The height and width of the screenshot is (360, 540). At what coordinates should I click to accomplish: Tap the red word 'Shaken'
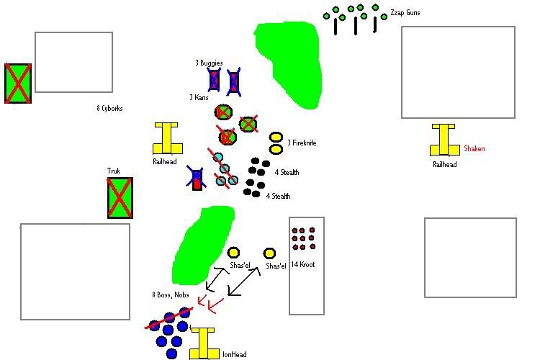(474, 149)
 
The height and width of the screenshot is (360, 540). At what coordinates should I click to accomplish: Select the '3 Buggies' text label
(209, 63)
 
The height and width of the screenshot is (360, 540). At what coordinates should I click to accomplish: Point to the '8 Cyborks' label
(109, 109)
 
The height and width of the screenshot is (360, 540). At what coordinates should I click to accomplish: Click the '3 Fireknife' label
(302, 143)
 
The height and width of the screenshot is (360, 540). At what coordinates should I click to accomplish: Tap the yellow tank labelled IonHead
(204, 343)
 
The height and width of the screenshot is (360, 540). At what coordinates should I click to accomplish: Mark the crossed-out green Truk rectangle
(120, 197)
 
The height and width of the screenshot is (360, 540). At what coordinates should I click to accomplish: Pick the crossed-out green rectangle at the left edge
(17, 82)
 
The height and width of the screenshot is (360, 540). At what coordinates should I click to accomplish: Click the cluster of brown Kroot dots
(302, 238)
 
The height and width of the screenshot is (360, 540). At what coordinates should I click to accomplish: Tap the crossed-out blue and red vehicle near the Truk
(196, 178)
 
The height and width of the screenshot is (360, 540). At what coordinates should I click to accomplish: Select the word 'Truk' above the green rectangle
(114, 171)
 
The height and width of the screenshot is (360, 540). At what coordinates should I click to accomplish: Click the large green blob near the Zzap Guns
(288, 63)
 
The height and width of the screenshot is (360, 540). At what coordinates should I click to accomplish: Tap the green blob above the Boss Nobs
(202, 243)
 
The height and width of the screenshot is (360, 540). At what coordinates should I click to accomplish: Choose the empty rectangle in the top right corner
(458, 72)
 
